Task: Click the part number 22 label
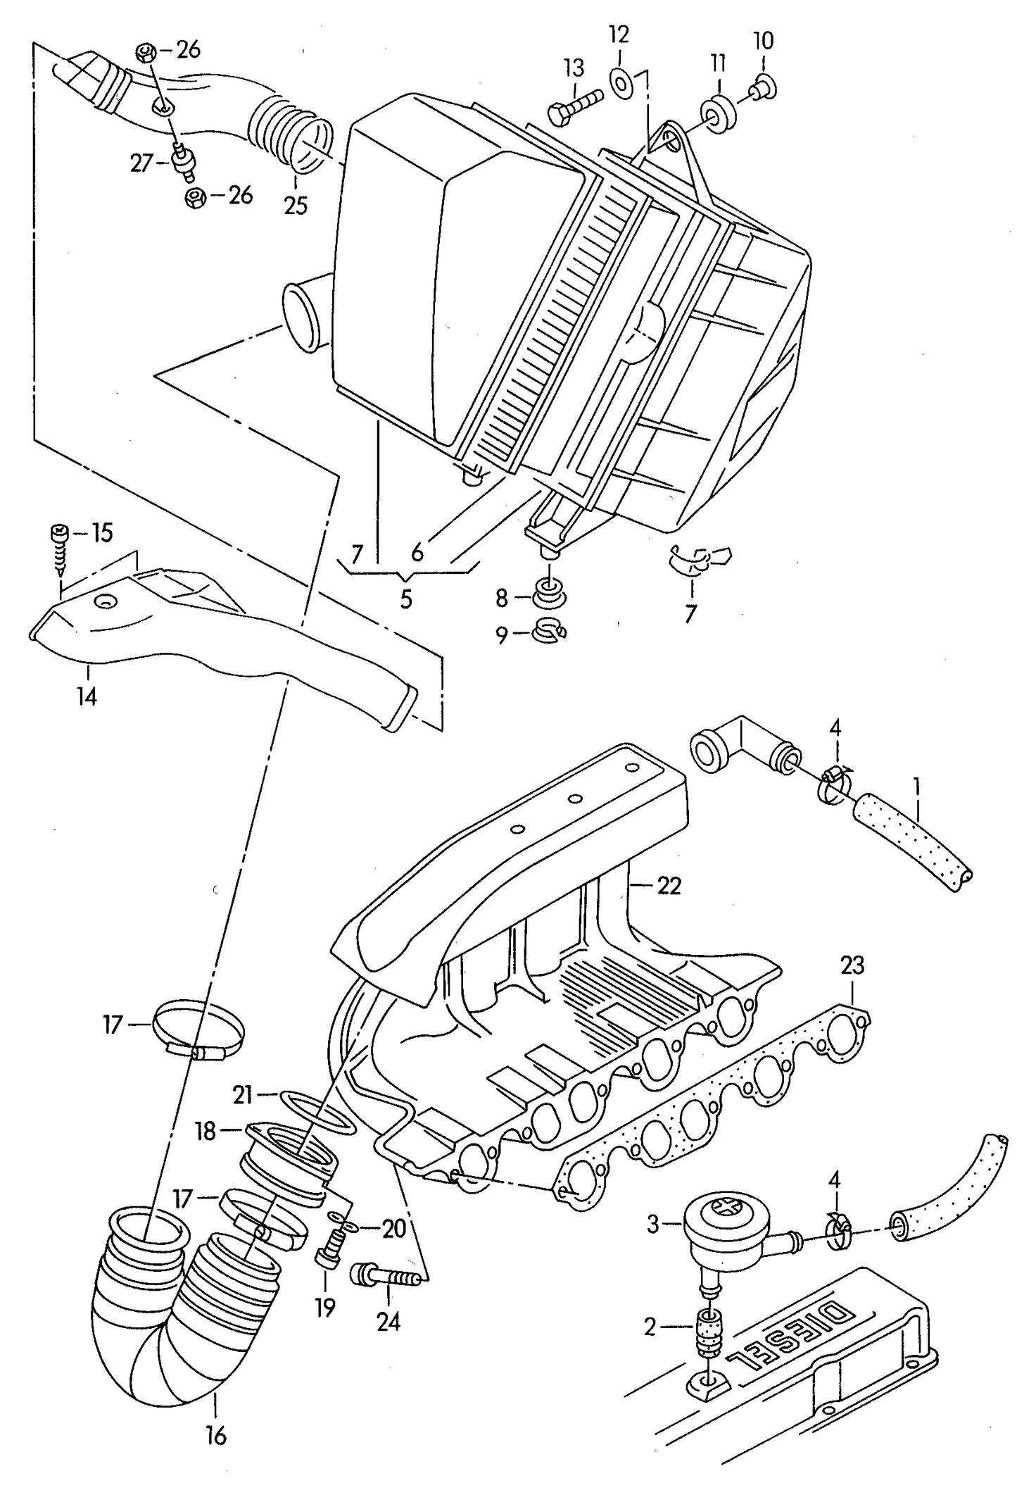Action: [669, 885]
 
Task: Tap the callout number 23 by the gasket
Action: [852, 965]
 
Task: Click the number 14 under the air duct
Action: [87, 696]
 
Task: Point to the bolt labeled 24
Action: [386, 1274]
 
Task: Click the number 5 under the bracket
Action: [406, 599]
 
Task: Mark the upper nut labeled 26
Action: [146, 52]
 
